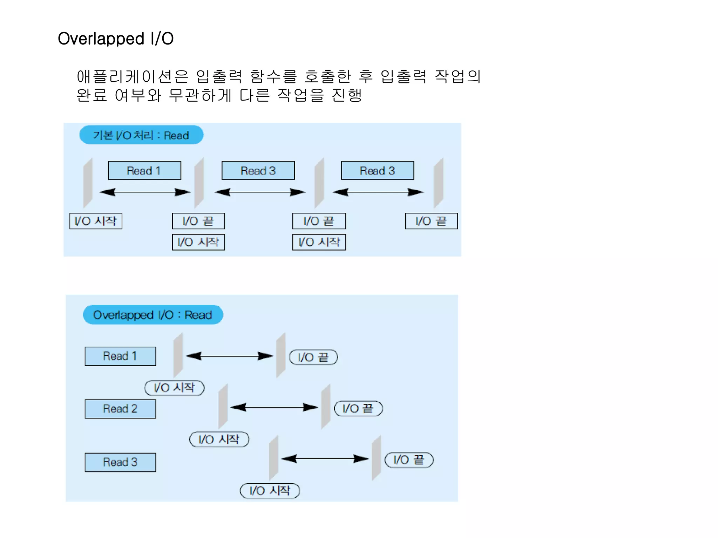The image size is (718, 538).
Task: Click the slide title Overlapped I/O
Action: point(116,39)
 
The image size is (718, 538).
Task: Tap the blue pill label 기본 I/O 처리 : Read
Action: point(141,135)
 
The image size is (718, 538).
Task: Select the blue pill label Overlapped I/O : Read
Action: point(153,315)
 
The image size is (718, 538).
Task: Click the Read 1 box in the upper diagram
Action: point(144,171)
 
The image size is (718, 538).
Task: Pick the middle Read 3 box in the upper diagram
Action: point(258,171)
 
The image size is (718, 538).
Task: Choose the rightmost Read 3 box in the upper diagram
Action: point(378,171)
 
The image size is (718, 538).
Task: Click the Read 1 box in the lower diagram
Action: point(120,356)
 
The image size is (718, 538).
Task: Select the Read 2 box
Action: point(120,409)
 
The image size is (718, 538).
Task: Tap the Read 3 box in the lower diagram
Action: point(120,462)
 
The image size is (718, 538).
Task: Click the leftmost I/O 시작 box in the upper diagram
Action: point(96,221)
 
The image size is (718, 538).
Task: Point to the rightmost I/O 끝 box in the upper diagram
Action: point(431,221)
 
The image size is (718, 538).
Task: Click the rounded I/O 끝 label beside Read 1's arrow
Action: point(313,357)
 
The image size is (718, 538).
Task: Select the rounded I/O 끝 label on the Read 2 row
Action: point(358,409)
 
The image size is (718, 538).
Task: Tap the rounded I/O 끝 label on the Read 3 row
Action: point(409,460)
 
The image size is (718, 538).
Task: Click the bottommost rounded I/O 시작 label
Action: point(270,491)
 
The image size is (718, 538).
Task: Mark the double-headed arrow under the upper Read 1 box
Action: point(145,192)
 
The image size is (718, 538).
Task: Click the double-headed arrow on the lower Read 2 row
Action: point(274,407)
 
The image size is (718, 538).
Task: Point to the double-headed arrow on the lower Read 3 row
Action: point(325,459)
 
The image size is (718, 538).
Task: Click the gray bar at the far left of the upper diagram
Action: point(88,183)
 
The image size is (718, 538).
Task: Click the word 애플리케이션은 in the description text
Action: point(132,77)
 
